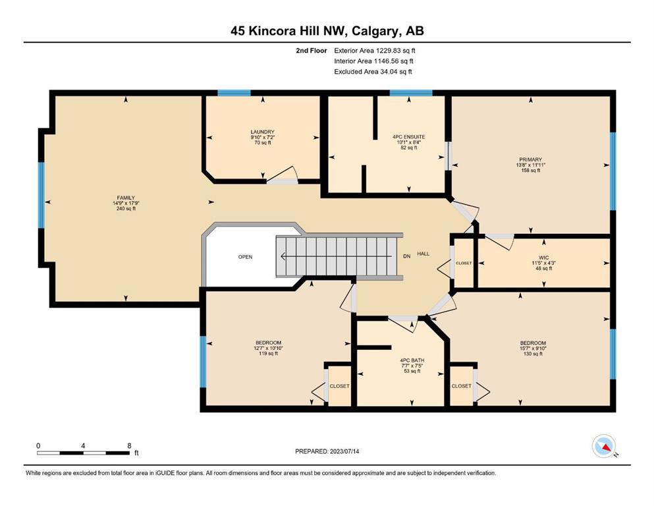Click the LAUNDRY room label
(x=262, y=132)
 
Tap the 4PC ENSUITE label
(x=409, y=137)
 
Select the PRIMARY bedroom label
(x=531, y=159)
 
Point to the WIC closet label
(x=544, y=258)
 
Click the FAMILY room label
(x=126, y=198)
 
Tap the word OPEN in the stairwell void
(x=245, y=257)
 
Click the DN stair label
(x=406, y=256)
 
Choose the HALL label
(x=423, y=254)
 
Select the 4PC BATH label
(x=412, y=360)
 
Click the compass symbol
(x=604, y=446)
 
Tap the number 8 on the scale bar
(x=129, y=445)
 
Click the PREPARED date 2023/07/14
(x=344, y=451)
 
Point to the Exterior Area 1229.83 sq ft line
(x=375, y=51)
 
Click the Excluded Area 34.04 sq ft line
(x=373, y=71)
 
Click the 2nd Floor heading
(x=312, y=51)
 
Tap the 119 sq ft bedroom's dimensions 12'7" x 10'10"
(x=269, y=348)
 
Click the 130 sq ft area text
(x=533, y=354)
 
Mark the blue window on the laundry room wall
(x=234, y=93)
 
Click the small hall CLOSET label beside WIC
(x=464, y=264)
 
